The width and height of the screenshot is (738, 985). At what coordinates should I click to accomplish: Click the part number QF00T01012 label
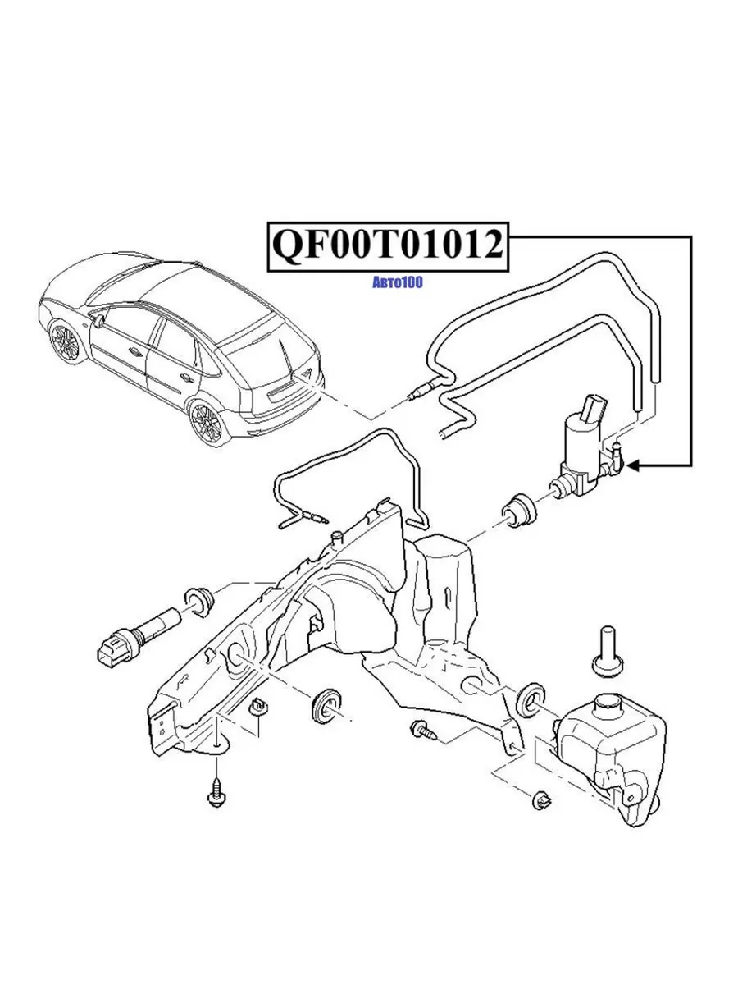(386, 244)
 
